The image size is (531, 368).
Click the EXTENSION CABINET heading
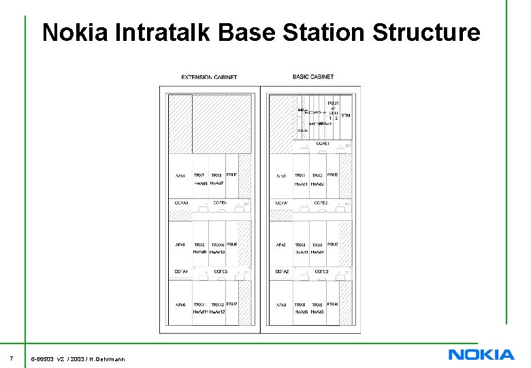(209, 77)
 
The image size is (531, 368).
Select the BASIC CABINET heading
(313, 76)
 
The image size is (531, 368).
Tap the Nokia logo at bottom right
(481, 354)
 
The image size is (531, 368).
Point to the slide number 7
(12, 358)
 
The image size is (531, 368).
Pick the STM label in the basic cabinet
(346, 115)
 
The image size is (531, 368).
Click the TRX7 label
(199, 175)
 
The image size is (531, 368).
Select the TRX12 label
(217, 305)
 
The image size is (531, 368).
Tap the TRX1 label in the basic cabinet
(300, 176)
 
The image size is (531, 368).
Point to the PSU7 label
(232, 303)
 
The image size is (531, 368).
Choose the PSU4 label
(333, 303)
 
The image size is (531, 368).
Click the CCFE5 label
(221, 271)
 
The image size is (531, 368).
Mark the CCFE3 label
(321, 271)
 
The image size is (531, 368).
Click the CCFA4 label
(181, 271)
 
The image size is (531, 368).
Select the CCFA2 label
(282, 271)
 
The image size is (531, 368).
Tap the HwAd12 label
(217, 311)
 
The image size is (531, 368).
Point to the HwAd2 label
(318, 184)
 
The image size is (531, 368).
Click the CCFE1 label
(323, 144)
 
